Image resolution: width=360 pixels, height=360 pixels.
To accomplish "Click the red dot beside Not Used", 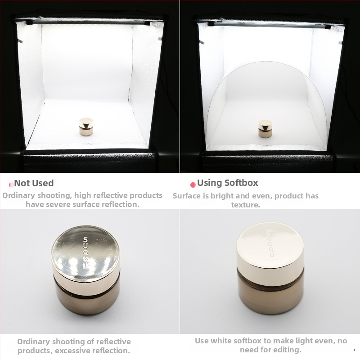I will [12, 184].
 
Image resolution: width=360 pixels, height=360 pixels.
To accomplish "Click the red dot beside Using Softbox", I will [193, 184].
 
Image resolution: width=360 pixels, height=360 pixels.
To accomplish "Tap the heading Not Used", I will [34, 183].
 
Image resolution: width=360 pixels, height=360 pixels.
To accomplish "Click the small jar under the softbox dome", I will [265, 129].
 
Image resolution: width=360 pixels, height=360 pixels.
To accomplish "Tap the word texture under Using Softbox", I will [246, 205].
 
